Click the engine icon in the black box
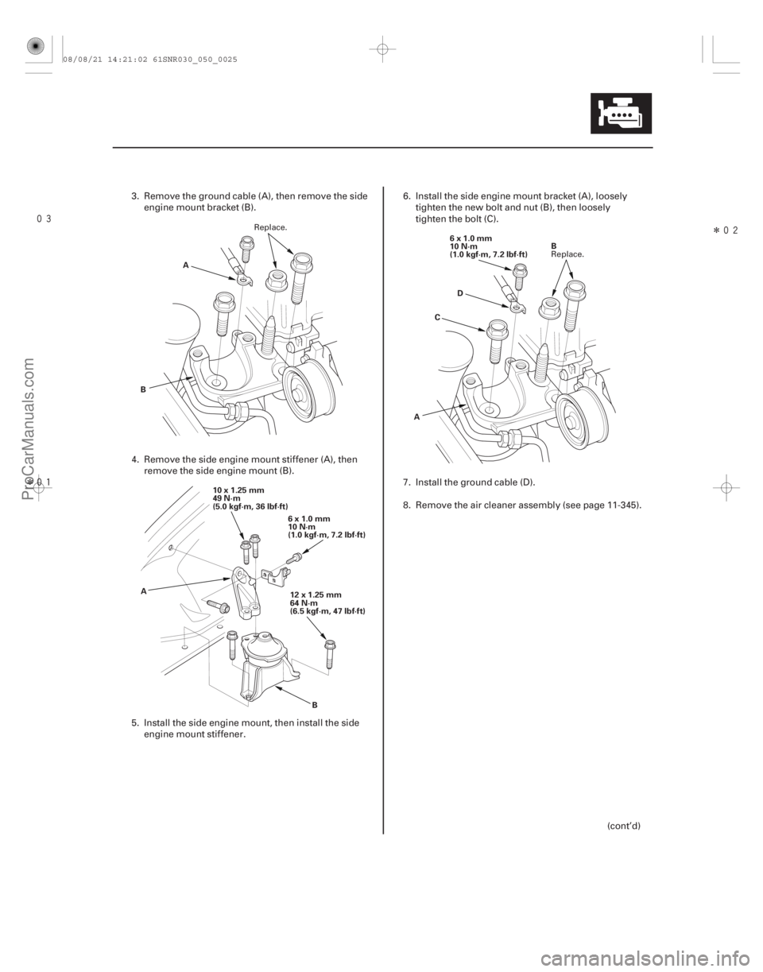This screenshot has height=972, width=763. pos(621,114)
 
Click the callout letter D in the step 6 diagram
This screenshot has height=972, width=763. pos(460,293)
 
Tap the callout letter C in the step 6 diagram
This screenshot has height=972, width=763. pos(437,317)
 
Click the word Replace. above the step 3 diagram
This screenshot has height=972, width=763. pos(270,227)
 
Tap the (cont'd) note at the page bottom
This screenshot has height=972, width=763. pos(623,826)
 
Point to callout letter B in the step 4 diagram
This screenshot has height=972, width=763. pos(315,705)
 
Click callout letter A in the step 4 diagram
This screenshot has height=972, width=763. pos(144,591)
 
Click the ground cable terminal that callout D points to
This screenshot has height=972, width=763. pos(517,307)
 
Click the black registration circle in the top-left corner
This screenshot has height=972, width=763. pos(35,47)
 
